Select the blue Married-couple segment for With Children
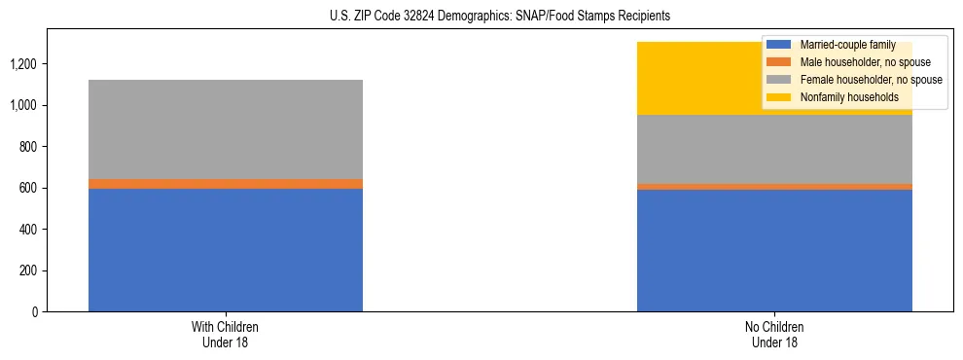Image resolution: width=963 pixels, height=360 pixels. (226, 250)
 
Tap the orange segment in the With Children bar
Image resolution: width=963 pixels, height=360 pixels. (226, 184)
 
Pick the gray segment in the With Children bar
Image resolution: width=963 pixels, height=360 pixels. (226, 129)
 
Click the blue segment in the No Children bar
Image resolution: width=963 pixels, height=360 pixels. (774, 250)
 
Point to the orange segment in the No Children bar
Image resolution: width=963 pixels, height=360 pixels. (774, 187)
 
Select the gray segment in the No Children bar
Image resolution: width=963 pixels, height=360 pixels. (774, 150)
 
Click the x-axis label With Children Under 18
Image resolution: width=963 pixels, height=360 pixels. (226, 334)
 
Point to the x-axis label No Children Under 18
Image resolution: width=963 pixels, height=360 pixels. (774, 334)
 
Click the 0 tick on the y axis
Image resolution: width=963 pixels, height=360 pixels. (34, 312)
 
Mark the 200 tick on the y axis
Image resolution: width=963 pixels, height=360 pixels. (28, 270)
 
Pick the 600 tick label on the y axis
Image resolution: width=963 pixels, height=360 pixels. (28, 188)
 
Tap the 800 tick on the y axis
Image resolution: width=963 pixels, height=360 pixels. (28, 147)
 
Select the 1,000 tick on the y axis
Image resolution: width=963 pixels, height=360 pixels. (24, 105)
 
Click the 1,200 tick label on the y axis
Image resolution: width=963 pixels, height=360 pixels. (24, 64)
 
